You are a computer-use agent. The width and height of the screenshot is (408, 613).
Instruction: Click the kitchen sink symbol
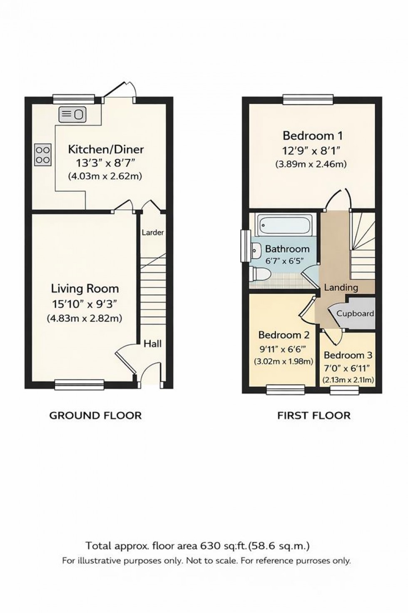(72, 114)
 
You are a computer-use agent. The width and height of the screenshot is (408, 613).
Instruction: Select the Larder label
(153, 233)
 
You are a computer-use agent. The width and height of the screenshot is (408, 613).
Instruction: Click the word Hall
(153, 344)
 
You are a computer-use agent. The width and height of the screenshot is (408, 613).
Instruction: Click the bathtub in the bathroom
(285, 225)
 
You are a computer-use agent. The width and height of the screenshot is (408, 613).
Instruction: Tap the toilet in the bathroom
(260, 275)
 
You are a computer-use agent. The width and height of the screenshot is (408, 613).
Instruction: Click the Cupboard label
(355, 314)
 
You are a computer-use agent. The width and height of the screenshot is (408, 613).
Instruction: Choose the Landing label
(341, 287)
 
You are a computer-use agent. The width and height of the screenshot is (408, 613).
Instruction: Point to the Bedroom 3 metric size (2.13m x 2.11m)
(348, 380)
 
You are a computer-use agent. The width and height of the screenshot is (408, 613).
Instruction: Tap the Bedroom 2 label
(284, 335)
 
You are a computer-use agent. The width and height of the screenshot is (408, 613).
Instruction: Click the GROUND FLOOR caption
(95, 415)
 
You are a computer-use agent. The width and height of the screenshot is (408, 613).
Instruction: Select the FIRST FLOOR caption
(314, 415)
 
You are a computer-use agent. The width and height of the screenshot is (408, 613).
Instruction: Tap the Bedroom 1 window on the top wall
(308, 98)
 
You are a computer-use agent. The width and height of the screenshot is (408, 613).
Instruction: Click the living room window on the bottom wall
(79, 384)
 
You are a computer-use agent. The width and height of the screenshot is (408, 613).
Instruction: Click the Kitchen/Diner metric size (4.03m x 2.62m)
(105, 176)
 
